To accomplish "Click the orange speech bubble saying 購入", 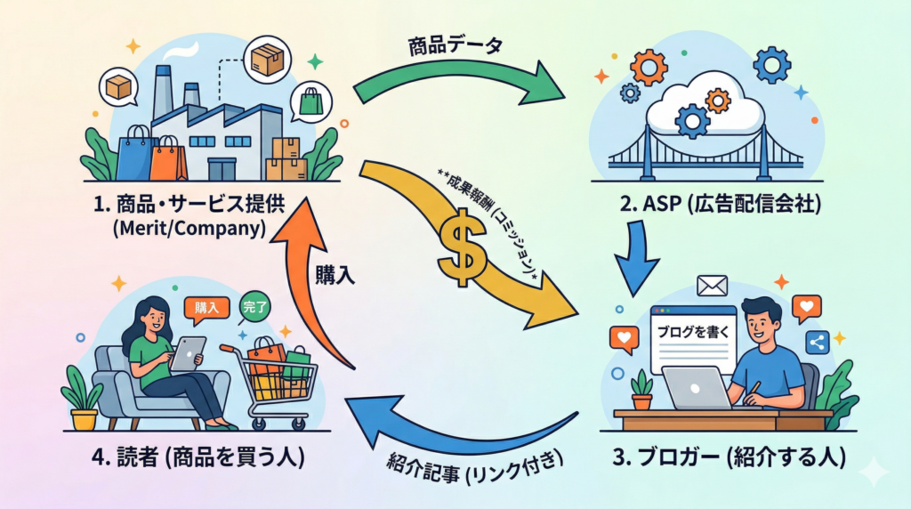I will [x=206, y=308].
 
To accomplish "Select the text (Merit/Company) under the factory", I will [x=189, y=230].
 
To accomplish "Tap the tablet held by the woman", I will [x=188, y=353].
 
